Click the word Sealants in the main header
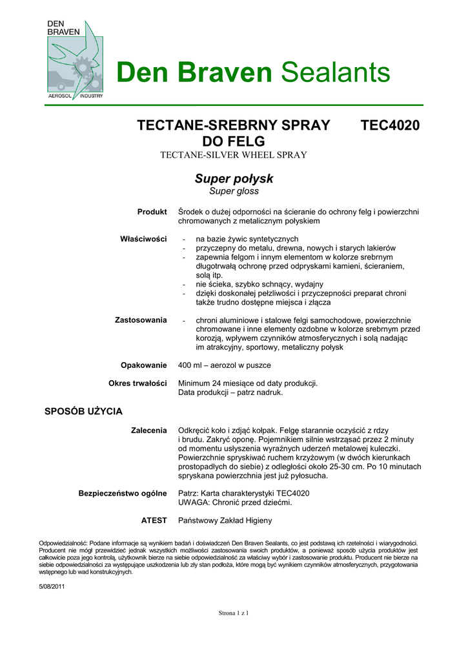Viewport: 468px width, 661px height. coord(336,72)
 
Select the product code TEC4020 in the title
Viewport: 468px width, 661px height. coord(391,125)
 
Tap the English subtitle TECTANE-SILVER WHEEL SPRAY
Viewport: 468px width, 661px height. coord(233,155)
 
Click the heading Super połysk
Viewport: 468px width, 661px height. coord(234,178)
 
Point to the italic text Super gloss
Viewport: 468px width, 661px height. coord(234,191)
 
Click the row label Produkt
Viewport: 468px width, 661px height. coord(152,212)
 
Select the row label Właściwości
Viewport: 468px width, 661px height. coord(143,239)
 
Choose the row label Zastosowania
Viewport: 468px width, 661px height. coord(141,320)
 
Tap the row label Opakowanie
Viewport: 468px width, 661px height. coord(144,365)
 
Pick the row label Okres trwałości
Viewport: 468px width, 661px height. coord(137,383)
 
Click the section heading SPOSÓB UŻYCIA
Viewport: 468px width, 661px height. coord(83,411)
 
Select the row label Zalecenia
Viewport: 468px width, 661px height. coord(149,430)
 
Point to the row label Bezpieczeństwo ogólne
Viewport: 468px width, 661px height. coord(123,493)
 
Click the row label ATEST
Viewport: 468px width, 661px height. coord(154,520)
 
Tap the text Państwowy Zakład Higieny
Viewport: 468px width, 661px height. coord(225,520)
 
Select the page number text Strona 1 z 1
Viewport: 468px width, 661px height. coord(234,613)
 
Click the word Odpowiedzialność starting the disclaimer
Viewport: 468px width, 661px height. coord(63,544)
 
